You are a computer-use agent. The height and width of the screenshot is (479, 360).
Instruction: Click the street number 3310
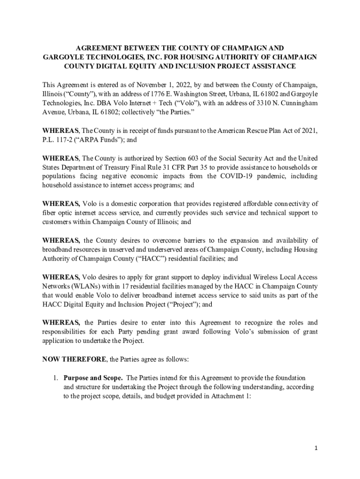click(x=258, y=102)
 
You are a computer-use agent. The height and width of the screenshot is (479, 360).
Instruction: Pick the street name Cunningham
click(x=296, y=102)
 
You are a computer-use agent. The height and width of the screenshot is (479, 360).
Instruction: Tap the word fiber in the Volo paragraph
click(x=50, y=213)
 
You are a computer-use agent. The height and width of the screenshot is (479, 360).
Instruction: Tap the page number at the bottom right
click(x=316, y=448)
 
